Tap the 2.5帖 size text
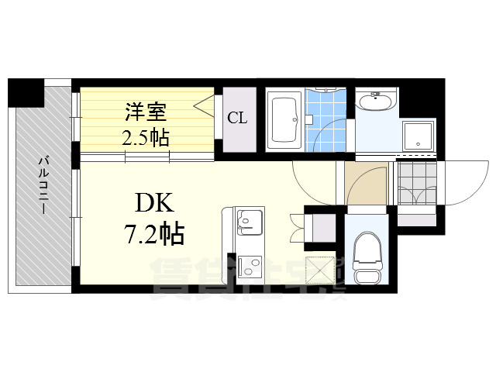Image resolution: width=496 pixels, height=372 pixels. [x=146, y=138]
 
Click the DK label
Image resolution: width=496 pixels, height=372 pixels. [x=158, y=203]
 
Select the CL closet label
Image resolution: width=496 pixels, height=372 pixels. [x=237, y=119]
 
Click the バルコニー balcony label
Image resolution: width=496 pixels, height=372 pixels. [x=44, y=186]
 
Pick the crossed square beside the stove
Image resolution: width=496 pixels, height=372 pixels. [x=319, y=270]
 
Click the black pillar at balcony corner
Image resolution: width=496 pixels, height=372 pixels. [x=25, y=92]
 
